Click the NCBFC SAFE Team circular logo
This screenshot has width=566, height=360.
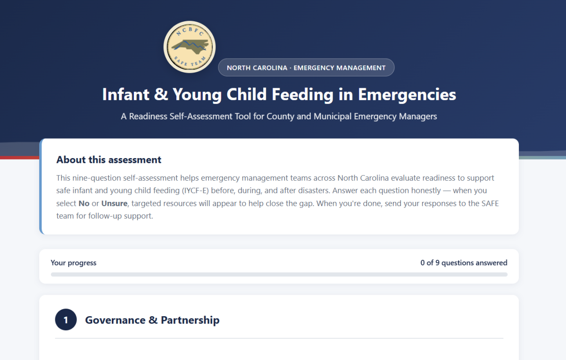click(190, 47)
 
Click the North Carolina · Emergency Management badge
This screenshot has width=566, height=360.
click(306, 68)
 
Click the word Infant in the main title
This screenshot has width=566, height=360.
click(126, 94)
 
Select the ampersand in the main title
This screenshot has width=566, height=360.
click(161, 94)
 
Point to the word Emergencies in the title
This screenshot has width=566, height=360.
click(407, 95)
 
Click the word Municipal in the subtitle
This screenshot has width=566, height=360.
click(333, 116)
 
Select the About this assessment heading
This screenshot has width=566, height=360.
click(108, 160)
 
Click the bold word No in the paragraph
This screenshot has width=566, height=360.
click(84, 203)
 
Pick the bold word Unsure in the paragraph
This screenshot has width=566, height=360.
click(114, 203)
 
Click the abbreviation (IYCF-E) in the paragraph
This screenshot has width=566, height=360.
click(195, 191)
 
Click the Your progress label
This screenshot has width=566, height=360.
click(74, 263)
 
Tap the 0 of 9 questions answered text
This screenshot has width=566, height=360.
click(464, 263)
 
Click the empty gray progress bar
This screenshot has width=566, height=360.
click(279, 275)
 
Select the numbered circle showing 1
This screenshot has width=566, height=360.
click(66, 319)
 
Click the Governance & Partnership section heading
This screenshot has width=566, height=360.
click(152, 320)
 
